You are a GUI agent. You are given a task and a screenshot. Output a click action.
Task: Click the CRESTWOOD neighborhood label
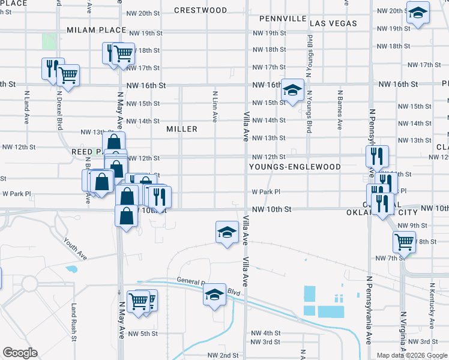click(200, 10)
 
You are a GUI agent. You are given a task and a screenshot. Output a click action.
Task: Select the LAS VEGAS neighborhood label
click(333, 23)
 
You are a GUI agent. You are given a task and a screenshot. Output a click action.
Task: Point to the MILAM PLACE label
click(97, 29)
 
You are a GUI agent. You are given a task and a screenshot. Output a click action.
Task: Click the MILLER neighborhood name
click(182, 129)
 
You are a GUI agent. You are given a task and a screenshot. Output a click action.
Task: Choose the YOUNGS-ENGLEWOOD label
click(295, 167)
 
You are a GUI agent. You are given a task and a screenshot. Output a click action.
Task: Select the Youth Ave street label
click(76, 248)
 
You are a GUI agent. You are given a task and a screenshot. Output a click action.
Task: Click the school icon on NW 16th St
click(292, 91)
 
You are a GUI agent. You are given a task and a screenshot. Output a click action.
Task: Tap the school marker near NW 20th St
click(418, 13)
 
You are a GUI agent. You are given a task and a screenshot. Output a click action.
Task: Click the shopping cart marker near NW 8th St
click(404, 242)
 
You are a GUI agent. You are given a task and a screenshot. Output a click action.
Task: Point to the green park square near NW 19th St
click(49, 41)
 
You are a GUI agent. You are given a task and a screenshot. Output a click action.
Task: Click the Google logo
click(20, 353)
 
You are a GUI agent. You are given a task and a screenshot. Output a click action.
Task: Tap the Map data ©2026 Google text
click(412, 355)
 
